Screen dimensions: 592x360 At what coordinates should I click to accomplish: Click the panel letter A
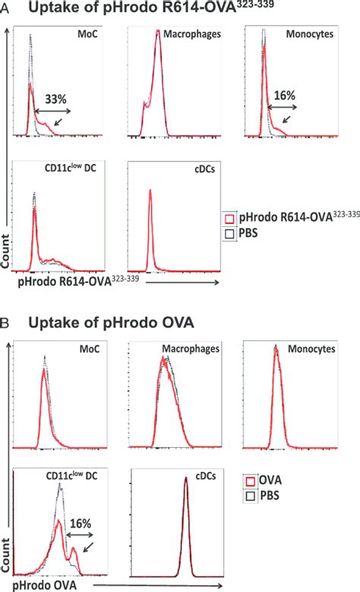tap(5, 7)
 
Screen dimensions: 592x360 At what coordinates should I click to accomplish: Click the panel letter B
tap(5, 322)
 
